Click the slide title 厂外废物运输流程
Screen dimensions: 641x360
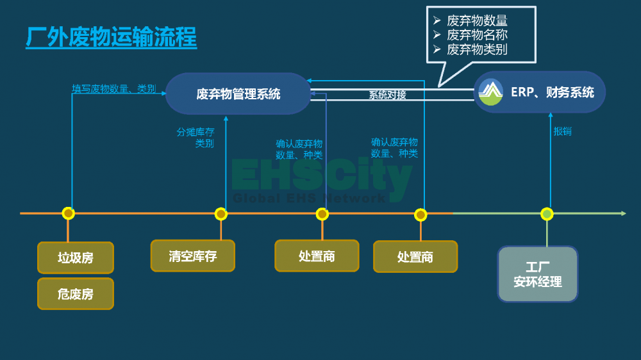111,37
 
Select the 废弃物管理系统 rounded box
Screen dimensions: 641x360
238,94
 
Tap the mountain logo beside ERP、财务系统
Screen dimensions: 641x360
490,92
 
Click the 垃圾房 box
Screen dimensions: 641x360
76,258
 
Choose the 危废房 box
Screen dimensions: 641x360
76,294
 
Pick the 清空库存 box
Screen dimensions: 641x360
192,256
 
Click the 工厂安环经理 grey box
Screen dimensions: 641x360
538,274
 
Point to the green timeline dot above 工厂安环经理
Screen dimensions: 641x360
547,214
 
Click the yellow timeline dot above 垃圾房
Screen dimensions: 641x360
69,213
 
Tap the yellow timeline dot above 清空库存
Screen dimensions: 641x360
221,214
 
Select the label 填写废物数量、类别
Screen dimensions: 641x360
113,88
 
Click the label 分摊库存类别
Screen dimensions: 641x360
196,138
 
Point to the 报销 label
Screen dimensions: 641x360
563,131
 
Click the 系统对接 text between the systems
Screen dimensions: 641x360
388,95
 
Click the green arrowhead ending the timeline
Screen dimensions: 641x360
624,213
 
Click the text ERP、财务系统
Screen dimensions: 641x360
553,92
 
